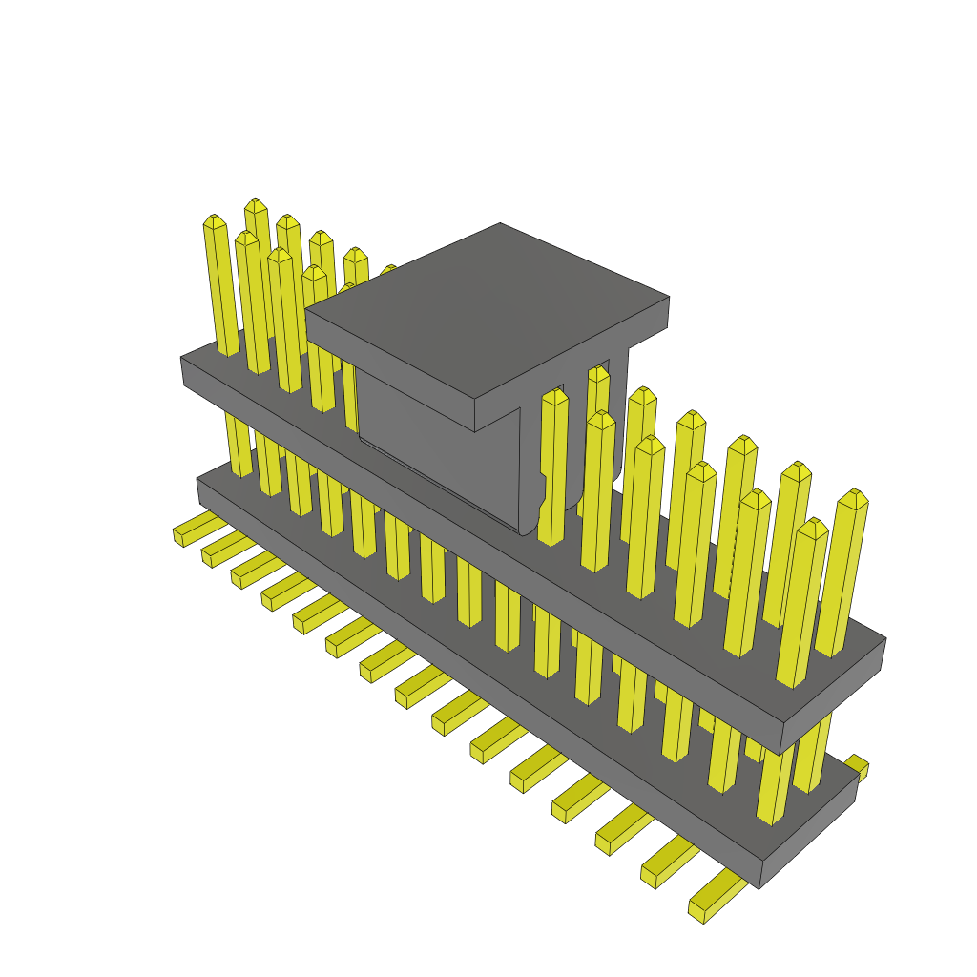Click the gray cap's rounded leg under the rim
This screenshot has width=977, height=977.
[x=530, y=477]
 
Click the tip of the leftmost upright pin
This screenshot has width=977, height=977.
[x=215, y=222]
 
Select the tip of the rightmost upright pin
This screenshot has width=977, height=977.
[x=854, y=498]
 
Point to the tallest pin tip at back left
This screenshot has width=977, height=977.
[x=255, y=206]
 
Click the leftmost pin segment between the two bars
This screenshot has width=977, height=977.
[x=239, y=444]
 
